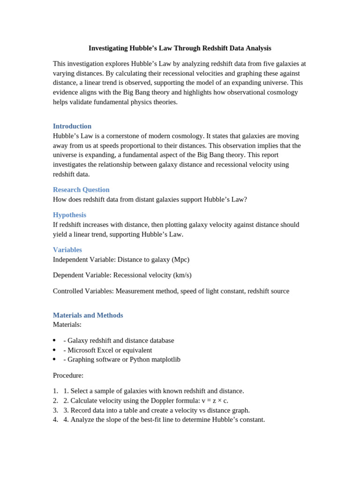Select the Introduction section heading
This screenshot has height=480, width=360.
[72, 126]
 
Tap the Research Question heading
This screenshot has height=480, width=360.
[81, 189]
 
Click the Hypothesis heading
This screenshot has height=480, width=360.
[69, 215]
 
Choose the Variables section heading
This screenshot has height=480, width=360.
[67, 250]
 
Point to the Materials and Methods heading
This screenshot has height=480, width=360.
[88, 315]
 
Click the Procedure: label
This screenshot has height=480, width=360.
[68, 375]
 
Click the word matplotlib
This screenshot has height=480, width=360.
[164, 360]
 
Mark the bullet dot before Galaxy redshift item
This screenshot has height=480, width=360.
[54, 340]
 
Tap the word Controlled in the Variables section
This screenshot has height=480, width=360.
[68, 291]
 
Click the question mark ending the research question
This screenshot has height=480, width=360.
[245, 199]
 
